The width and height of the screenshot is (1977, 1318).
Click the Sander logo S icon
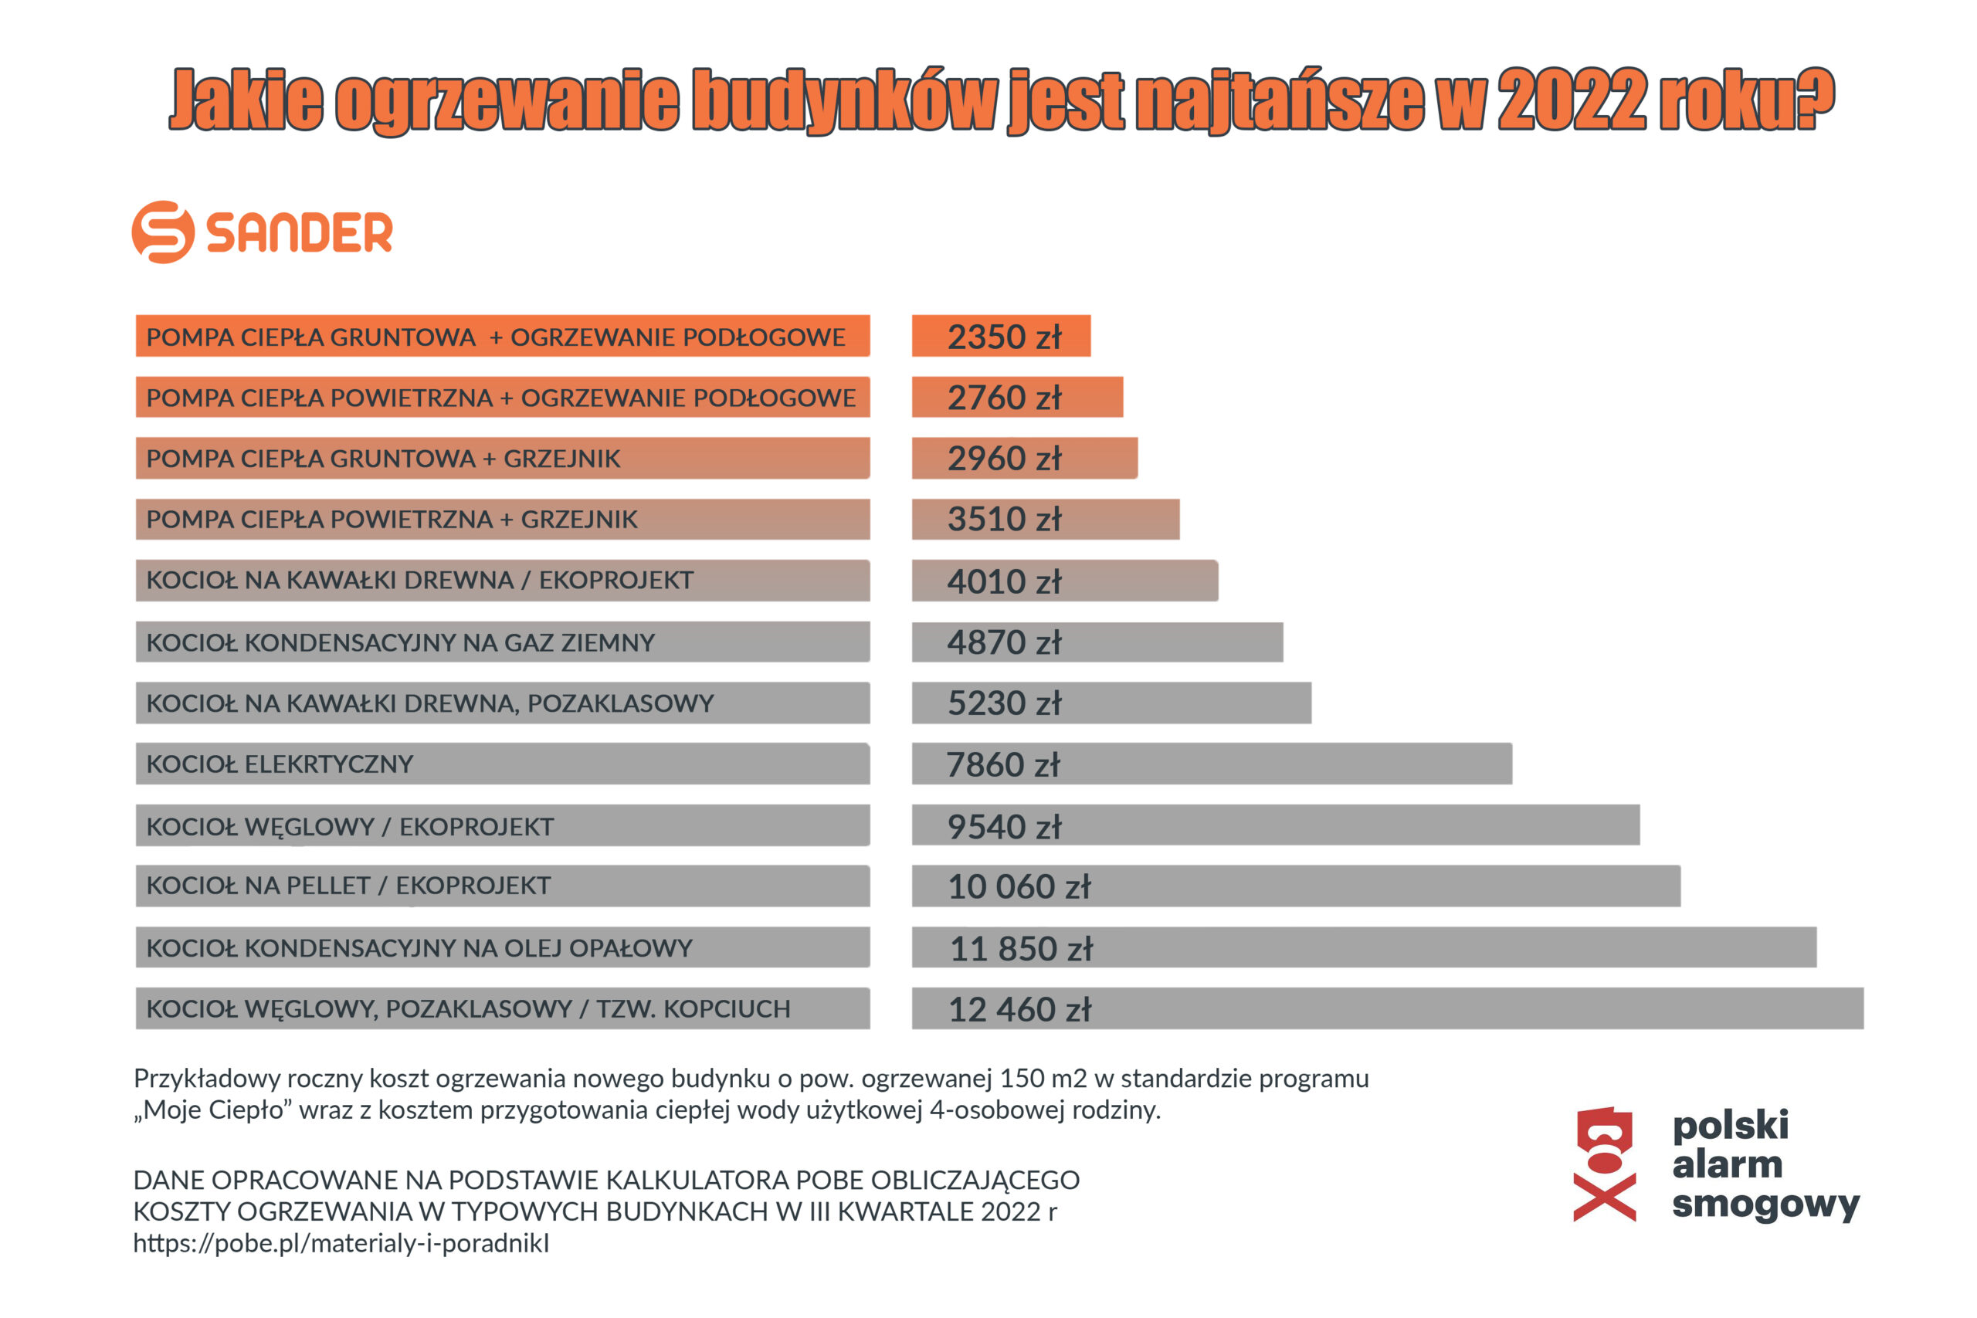click(x=163, y=232)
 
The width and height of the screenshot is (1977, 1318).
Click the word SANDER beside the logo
click(x=299, y=233)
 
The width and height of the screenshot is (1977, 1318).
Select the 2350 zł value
click(x=1004, y=337)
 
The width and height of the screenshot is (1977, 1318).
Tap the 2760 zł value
click(x=1004, y=398)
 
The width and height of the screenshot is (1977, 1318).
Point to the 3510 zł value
click(x=1004, y=520)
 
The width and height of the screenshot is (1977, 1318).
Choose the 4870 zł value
click(x=1004, y=643)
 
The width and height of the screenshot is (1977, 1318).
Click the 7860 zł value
click(x=1003, y=765)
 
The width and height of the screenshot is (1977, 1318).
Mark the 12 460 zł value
click(x=1019, y=1009)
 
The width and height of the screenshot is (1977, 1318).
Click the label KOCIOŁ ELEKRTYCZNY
click(x=280, y=764)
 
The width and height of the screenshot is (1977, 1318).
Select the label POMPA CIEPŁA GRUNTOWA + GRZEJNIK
click(x=383, y=459)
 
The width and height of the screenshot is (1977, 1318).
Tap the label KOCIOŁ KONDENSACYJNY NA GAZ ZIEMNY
click(x=400, y=643)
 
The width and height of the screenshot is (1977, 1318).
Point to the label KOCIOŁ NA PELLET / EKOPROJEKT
click(x=348, y=886)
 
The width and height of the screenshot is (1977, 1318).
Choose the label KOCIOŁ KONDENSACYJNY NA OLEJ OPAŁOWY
click(x=419, y=948)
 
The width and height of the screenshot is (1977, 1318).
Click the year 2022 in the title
click(x=1570, y=101)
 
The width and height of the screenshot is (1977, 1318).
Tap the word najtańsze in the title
click(x=1280, y=101)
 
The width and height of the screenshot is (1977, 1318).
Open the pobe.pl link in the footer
click(x=341, y=1243)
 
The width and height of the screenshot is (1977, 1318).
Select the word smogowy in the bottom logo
click(x=1765, y=1204)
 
